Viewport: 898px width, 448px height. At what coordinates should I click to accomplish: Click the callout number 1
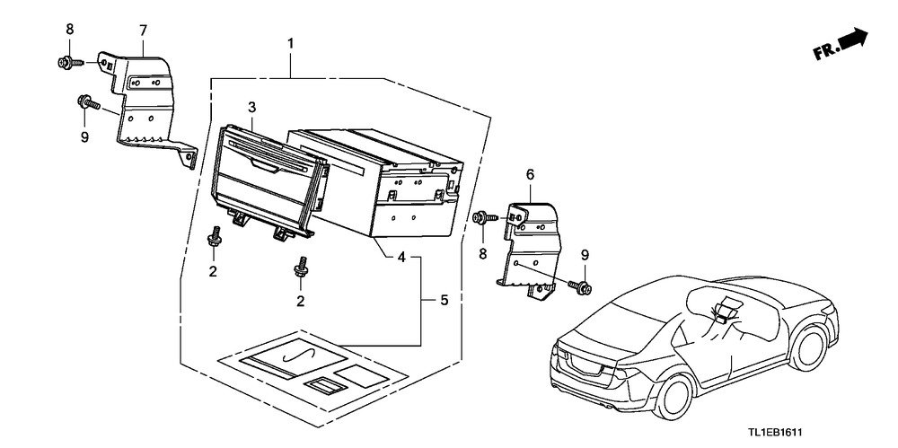[x=289, y=42]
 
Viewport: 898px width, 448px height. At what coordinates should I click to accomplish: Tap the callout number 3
[x=251, y=109]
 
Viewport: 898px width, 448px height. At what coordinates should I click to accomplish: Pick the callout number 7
[x=142, y=31]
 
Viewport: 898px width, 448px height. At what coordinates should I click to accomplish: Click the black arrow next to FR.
[x=854, y=39]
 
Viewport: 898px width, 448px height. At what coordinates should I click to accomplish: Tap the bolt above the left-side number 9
[x=88, y=104]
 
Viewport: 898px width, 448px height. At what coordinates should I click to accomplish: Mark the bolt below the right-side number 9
[x=580, y=286]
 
